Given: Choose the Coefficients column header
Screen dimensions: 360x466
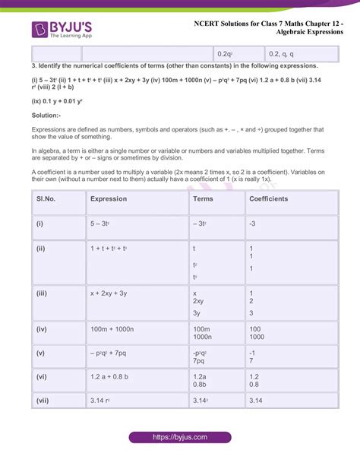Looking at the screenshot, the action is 269,199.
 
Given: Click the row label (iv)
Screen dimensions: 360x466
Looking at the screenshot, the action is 42,328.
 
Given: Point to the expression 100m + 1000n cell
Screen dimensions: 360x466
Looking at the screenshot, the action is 112,328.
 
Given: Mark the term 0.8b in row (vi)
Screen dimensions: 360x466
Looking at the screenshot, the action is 200,384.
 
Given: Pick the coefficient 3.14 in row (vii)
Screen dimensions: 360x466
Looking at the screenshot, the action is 256,400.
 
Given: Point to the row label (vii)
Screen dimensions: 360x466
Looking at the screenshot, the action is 43,400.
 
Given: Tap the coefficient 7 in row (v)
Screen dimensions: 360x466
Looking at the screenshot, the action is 251,360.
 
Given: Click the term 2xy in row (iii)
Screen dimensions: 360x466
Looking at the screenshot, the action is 200,301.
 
